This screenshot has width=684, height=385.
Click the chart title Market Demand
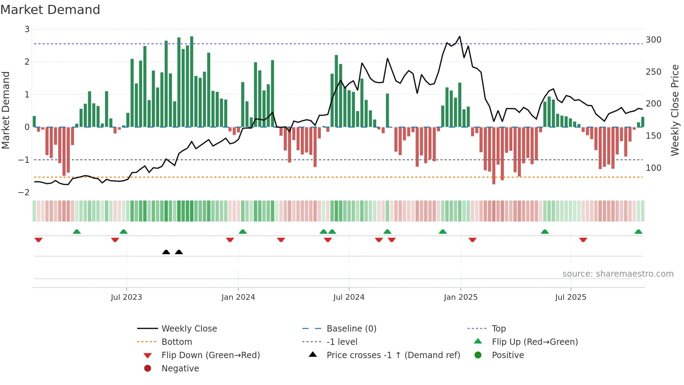pos(50,10)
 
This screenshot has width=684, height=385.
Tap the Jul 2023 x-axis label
pos(126,297)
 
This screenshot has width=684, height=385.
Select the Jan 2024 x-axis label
pos(238,297)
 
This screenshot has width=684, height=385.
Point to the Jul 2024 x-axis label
pos(349,297)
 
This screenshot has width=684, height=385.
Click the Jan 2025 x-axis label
pos(461,297)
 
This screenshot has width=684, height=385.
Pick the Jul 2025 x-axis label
pos(571,297)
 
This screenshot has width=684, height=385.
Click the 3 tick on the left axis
pos(27,29)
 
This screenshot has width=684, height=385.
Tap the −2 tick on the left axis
pos(24,192)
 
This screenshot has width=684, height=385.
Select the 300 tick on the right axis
pos(653,40)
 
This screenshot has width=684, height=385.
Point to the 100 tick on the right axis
pos(653,168)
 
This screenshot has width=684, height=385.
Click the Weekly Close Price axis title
pos(675,110)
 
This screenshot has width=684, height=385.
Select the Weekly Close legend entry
pos(189,329)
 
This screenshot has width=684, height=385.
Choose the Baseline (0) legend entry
pos(351,329)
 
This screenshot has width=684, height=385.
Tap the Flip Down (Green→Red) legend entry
pos(210,355)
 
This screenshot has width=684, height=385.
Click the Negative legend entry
pos(180,369)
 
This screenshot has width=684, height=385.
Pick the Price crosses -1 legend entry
pos(393,355)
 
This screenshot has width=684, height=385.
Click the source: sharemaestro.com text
pos(618,274)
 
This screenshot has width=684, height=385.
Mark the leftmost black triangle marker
pos(166,252)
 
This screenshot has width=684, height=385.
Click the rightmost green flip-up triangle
pos(638,232)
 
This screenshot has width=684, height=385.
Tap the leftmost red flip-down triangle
pos(38,240)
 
